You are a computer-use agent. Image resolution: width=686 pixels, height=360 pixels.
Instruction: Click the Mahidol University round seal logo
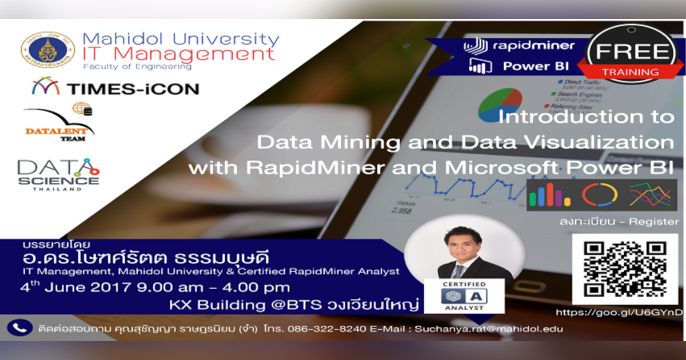[x=47, y=50]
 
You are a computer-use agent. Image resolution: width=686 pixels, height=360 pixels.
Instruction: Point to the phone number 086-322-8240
[x=320, y=329]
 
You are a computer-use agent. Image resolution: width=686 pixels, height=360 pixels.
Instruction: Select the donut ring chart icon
[x=600, y=194]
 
